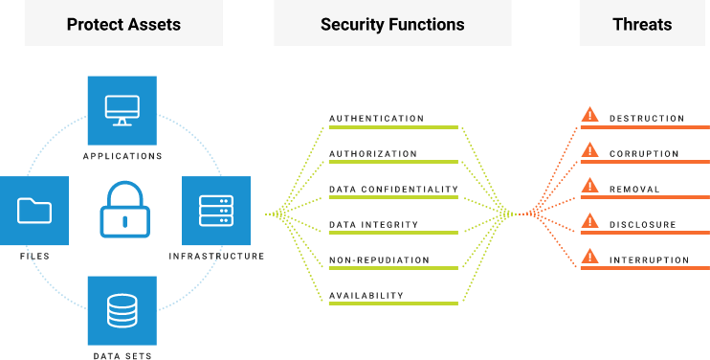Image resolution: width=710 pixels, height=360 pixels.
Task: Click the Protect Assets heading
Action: (122, 25)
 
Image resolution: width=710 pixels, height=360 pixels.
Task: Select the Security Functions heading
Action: (392, 25)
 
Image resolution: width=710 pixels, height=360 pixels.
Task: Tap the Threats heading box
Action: (642, 25)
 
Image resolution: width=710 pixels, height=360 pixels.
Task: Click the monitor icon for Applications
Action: (122, 110)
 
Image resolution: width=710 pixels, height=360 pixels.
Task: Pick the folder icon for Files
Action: (34, 210)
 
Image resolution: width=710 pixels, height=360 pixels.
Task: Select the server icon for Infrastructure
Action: (216, 210)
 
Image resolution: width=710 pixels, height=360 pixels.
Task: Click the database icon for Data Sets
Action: (122, 310)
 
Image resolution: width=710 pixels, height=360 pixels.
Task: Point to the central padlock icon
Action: (124, 210)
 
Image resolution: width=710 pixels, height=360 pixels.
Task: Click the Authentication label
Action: (376, 119)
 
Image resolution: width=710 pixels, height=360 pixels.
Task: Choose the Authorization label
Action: (373, 154)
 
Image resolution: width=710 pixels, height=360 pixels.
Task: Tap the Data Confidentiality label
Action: (393, 190)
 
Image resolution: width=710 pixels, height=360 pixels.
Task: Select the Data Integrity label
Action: (373, 225)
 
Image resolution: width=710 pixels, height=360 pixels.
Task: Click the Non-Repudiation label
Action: (379, 260)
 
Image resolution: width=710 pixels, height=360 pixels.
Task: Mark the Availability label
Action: (366, 296)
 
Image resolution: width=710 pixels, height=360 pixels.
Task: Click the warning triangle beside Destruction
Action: (590, 115)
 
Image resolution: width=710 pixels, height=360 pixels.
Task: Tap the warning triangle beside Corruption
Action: (590, 150)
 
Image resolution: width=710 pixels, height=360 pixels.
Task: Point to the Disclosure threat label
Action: (642, 225)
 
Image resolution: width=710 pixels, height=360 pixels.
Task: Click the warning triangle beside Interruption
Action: (590, 257)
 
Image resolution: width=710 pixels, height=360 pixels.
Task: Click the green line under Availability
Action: (393, 305)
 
